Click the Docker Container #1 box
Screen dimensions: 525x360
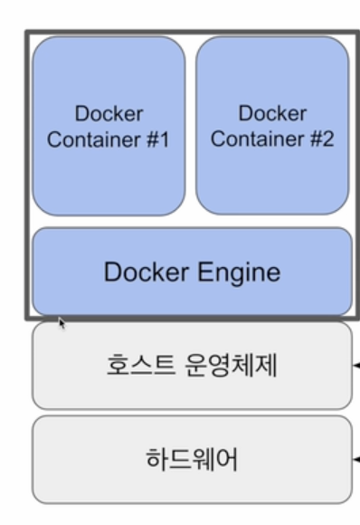point(109,127)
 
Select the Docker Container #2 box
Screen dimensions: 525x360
point(272,127)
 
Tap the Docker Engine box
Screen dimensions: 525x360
point(192,272)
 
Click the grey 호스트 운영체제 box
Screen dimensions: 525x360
point(192,367)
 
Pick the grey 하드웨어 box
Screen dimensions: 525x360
point(192,460)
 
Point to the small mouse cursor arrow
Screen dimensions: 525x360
point(62,321)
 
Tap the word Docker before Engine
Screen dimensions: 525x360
point(146,272)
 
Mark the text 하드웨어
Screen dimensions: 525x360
point(192,460)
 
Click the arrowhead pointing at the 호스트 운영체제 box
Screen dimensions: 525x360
point(356,367)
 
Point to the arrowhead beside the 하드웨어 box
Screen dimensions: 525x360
point(356,461)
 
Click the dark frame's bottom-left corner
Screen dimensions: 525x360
point(27,318)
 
